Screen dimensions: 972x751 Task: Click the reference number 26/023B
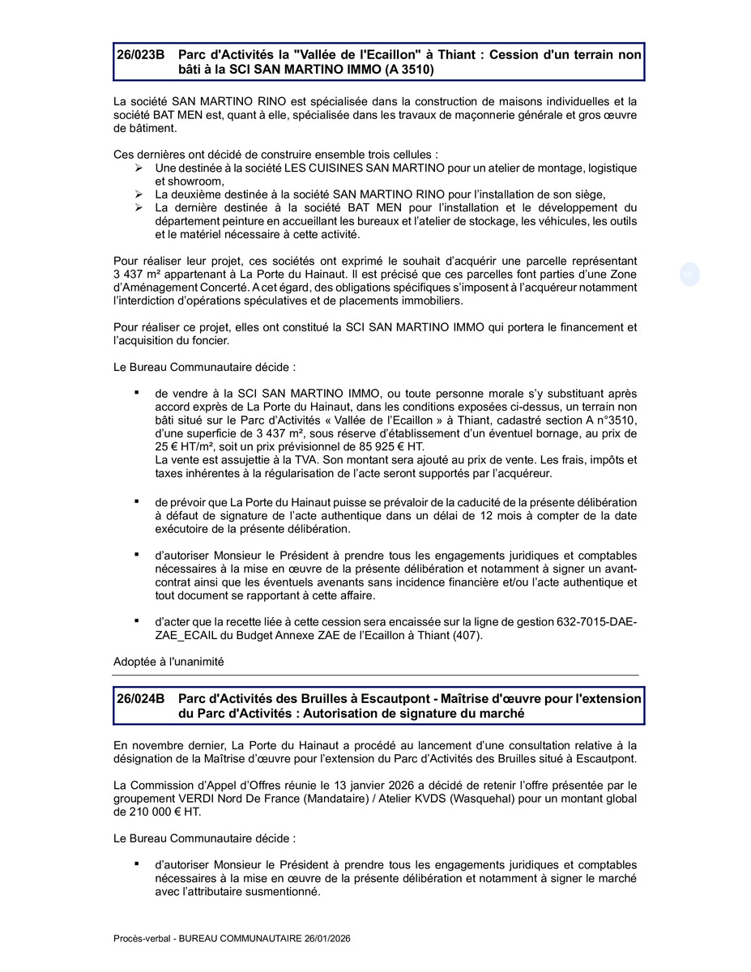point(140,54)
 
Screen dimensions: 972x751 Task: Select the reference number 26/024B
point(140,698)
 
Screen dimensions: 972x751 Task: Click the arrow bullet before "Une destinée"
point(139,168)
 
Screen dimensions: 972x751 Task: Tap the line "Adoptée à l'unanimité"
point(169,662)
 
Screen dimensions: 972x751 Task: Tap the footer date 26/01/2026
point(324,938)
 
